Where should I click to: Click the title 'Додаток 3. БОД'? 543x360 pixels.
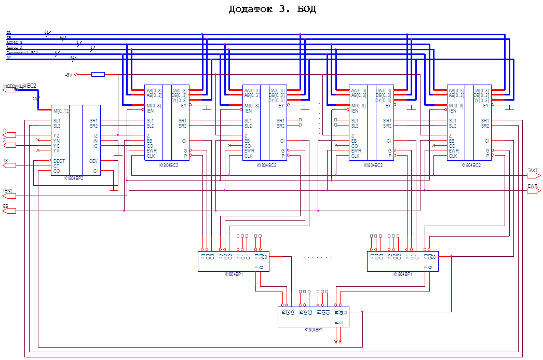pos(272,9)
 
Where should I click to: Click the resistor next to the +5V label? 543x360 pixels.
pos(98,75)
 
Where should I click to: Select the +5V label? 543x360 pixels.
pos(69,75)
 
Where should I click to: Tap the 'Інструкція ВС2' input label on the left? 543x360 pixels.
pos(20,85)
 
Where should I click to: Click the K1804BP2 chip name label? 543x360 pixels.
pos(74,177)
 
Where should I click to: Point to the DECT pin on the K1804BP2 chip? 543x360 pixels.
pos(59,161)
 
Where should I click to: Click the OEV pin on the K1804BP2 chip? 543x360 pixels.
pos(93,161)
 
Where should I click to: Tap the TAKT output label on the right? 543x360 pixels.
pos(533,171)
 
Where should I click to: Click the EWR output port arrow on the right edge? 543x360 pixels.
pos(533,191)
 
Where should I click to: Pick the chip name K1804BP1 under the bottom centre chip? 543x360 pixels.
pos(314,329)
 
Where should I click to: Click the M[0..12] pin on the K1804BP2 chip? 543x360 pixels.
pos(61,110)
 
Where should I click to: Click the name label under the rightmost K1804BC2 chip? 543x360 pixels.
pos(471,165)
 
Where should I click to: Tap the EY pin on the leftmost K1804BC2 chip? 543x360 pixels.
pos(184,105)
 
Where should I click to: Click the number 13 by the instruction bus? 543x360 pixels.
pos(35,98)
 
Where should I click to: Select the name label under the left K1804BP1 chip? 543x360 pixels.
pos(234,274)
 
